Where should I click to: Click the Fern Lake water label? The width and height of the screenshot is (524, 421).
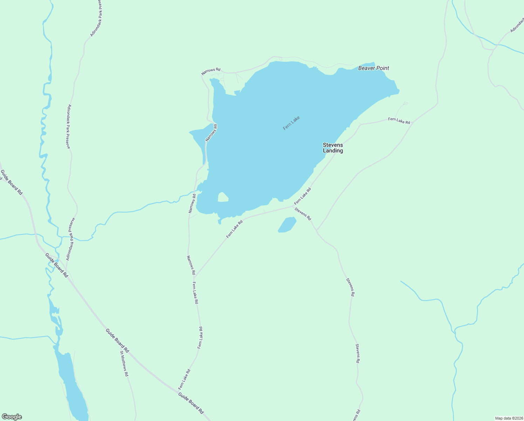291,123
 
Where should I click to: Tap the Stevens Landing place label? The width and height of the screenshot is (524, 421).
333,148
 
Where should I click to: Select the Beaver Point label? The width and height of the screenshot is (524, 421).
373,68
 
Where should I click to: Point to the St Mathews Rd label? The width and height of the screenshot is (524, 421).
124,363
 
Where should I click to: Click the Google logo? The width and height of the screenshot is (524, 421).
12,417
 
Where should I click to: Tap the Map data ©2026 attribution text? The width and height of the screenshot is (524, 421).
508,418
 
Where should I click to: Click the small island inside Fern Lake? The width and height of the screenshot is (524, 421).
223,197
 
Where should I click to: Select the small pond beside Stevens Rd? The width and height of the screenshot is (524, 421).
287,225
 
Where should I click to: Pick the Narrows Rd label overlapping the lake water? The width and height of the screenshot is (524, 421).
212,133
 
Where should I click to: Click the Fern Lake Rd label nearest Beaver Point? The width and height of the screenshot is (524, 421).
399,121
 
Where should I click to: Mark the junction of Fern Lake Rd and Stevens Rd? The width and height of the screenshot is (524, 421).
292,206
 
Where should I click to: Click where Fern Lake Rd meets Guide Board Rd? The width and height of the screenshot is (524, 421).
178,390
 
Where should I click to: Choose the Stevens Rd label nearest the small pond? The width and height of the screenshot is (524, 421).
303,214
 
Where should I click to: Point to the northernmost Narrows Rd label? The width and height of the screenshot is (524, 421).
211,72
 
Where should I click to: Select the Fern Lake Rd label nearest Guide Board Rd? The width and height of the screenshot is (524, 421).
184,379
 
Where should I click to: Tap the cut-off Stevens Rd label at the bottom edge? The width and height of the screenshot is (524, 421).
357,416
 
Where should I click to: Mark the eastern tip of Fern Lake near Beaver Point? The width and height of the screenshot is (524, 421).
398,92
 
